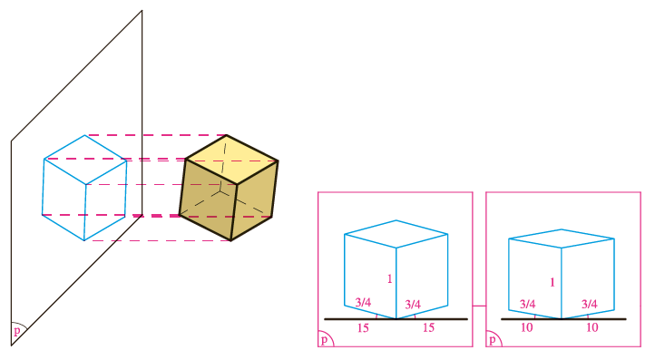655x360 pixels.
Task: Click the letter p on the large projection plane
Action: (x=17, y=331)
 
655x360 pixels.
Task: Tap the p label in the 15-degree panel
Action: (x=324, y=339)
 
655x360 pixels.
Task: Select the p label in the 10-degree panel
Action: (x=493, y=339)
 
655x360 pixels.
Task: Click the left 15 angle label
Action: (x=363, y=328)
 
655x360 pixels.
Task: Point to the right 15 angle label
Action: (x=428, y=328)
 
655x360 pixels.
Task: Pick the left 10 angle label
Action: (x=527, y=328)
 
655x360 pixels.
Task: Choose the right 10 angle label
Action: (x=592, y=328)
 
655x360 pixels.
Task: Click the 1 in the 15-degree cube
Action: (x=390, y=279)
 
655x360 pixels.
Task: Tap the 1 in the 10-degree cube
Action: (x=552, y=283)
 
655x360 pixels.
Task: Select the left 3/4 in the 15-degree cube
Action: (x=363, y=302)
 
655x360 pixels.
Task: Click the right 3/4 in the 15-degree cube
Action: (x=413, y=304)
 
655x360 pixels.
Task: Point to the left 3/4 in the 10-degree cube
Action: (x=528, y=304)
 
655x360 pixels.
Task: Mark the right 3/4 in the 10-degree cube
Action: (x=590, y=304)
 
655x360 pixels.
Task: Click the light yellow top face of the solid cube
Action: (x=232, y=159)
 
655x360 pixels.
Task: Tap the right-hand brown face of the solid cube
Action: (x=254, y=200)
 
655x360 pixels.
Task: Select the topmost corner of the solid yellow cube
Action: (x=227, y=135)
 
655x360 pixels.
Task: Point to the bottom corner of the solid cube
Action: (x=231, y=241)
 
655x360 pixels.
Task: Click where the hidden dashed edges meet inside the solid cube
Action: (x=221, y=191)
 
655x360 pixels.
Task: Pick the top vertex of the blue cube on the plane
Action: (x=84, y=135)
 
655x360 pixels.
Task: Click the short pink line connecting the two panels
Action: (x=479, y=306)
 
